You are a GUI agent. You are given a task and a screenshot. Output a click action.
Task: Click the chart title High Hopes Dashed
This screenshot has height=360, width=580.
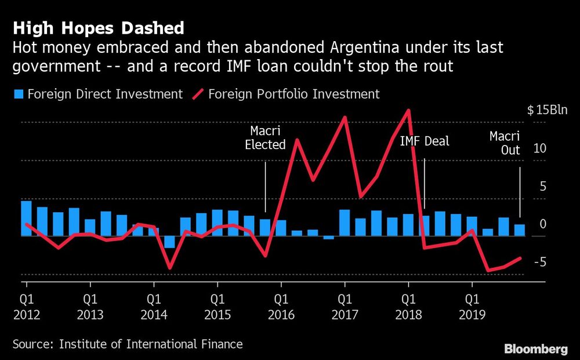99,28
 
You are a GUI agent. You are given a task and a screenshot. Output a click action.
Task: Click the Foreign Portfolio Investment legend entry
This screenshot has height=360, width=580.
287,94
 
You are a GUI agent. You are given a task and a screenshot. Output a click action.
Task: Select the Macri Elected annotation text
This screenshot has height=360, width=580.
265,138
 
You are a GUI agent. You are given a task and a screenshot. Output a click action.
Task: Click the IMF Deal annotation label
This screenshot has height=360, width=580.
425,141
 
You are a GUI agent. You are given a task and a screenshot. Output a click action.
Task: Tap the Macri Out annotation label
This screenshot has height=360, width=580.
504,144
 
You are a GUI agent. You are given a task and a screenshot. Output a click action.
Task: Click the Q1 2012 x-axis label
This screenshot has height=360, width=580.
26,307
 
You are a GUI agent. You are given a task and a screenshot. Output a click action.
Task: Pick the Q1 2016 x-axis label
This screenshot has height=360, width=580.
281,307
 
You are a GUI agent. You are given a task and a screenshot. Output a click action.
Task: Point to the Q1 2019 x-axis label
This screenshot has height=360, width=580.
472,307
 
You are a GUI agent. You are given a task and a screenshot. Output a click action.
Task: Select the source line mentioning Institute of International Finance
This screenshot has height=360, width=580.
128,344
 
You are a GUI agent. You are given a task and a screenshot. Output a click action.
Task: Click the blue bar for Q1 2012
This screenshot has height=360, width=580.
26,219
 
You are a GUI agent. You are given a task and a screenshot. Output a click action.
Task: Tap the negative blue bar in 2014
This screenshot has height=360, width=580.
169,242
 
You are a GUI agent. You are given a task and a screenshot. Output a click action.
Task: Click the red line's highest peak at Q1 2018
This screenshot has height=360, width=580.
409,110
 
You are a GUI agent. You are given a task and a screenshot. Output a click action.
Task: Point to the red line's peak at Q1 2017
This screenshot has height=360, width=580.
345,117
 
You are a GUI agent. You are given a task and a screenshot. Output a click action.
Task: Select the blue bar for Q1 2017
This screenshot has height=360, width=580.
345,223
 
